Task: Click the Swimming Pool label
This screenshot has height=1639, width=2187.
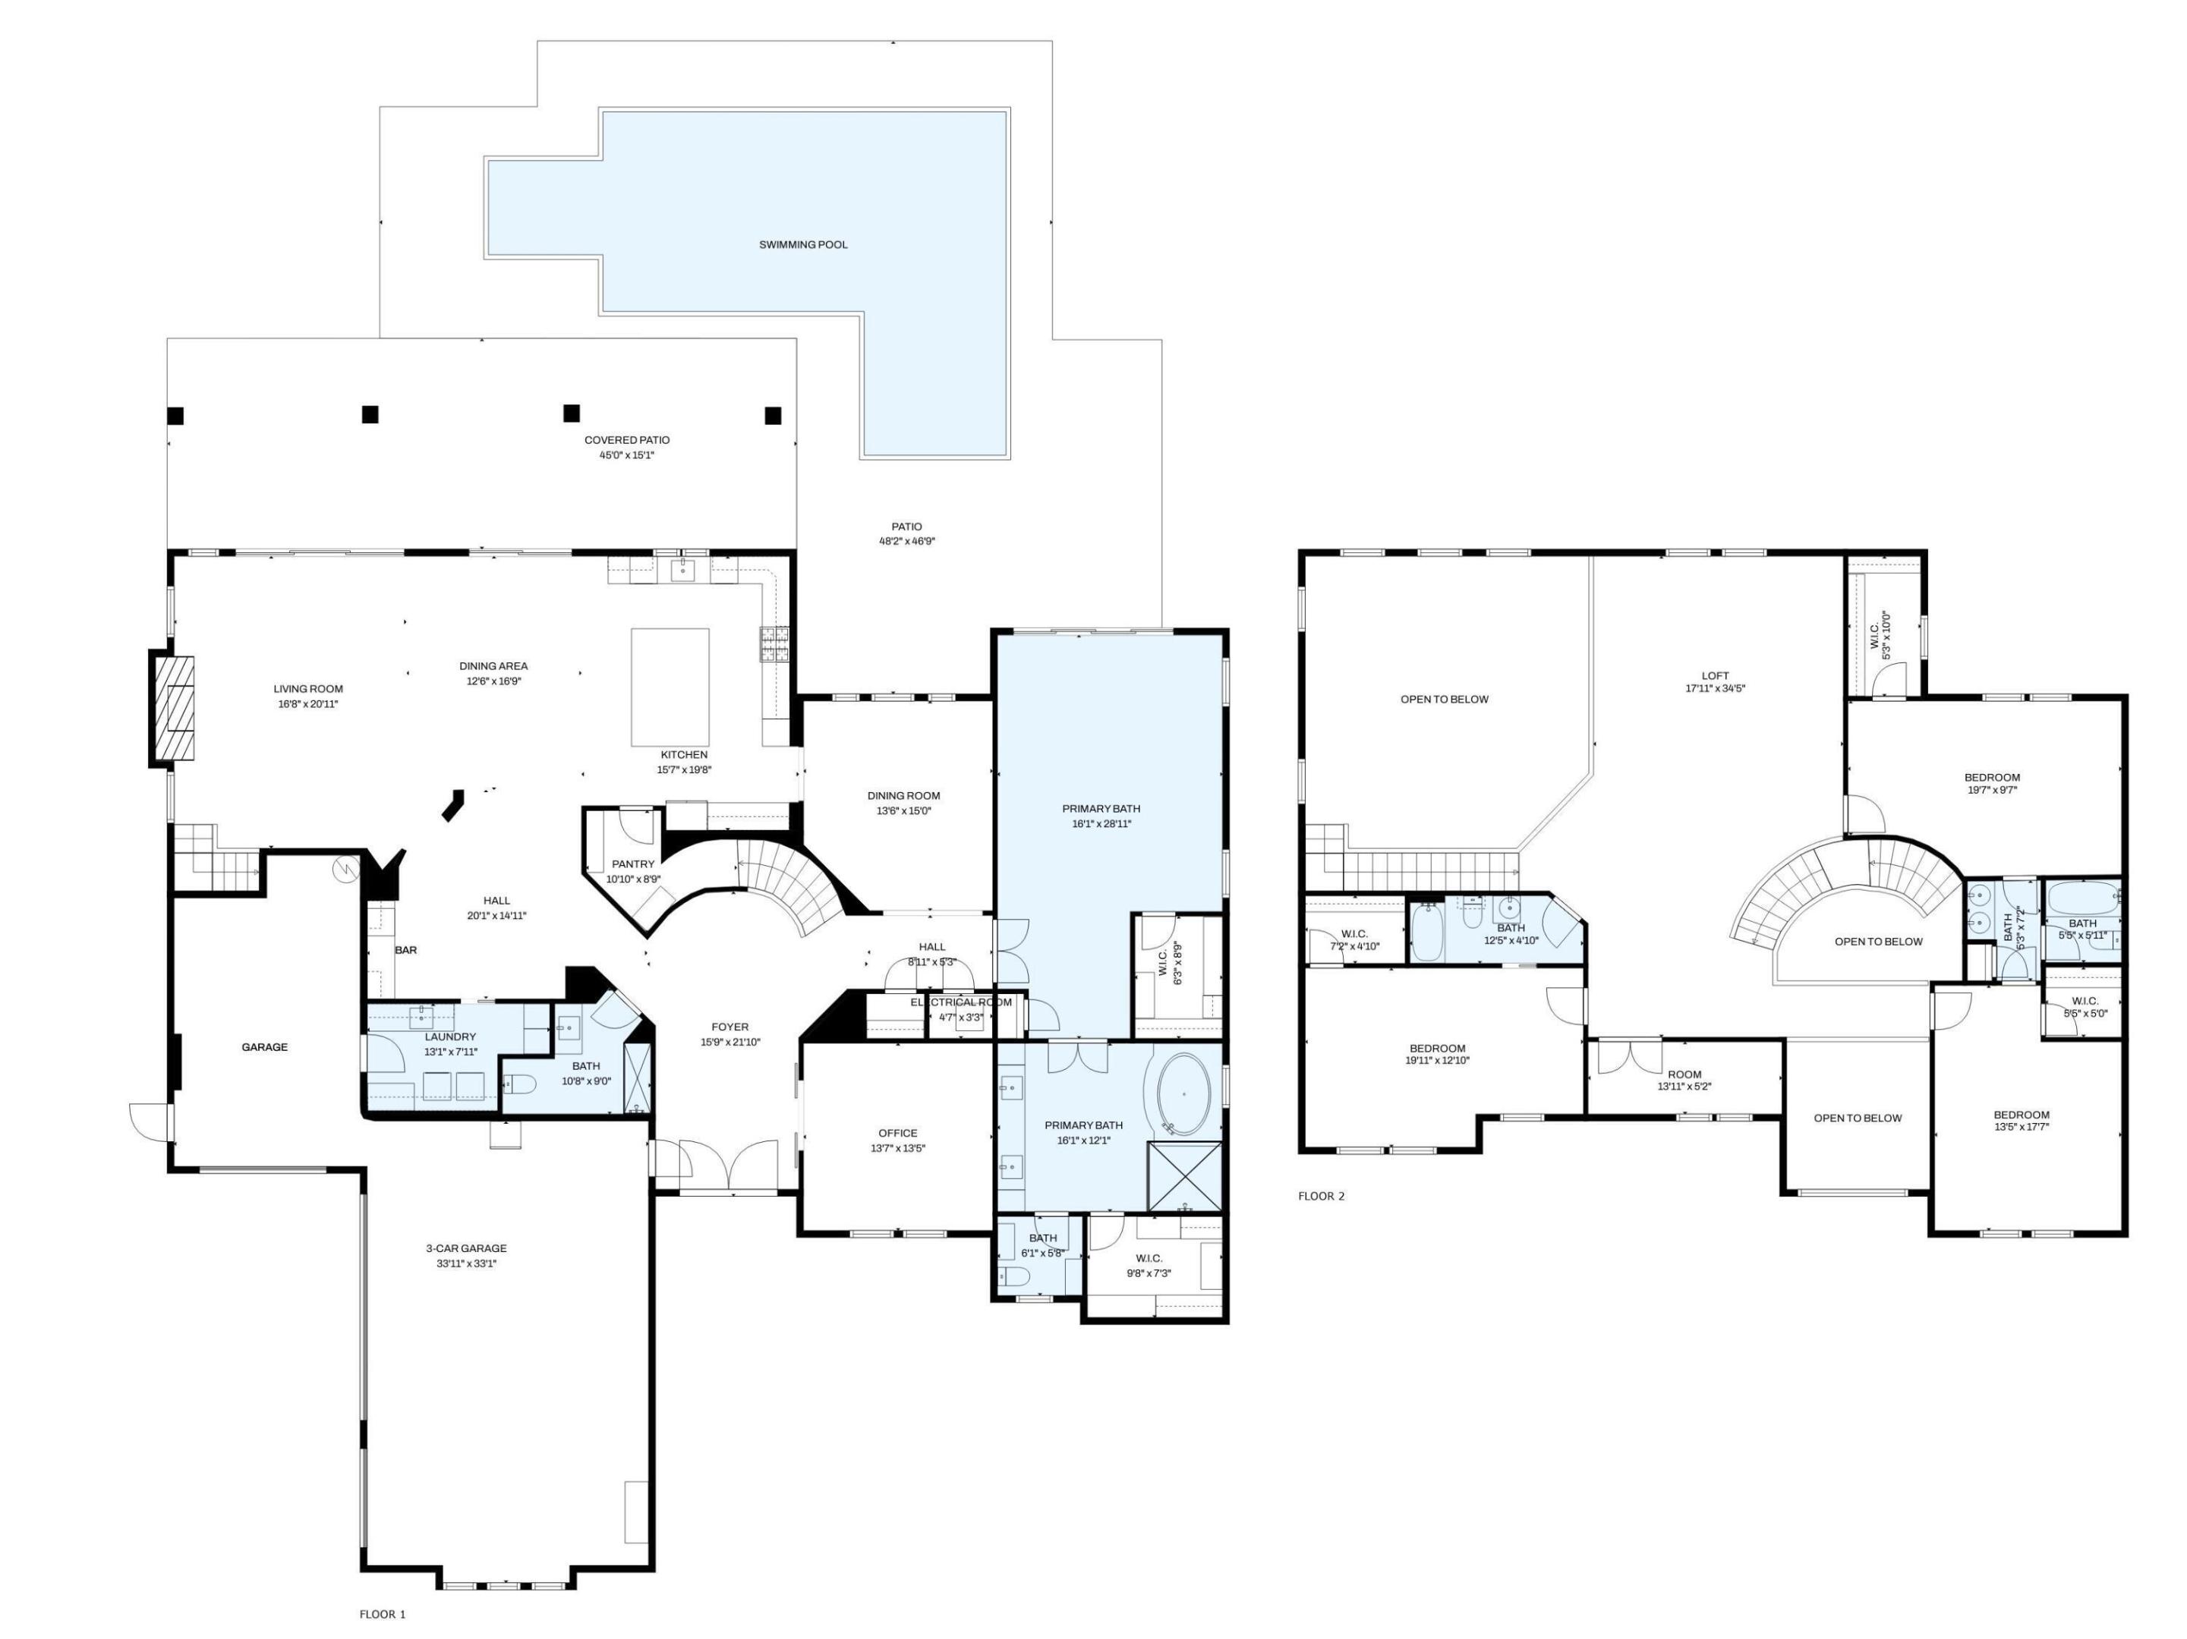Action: [x=803, y=244]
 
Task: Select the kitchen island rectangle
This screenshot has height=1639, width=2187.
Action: [x=670, y=687]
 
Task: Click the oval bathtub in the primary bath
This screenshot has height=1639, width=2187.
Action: [x=1183, y=1094]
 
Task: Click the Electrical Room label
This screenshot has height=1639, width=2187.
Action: [x=961, y=1002]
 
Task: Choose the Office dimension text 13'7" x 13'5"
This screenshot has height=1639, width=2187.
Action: [x=898, y=1149]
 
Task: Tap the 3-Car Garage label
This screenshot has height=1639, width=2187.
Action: [x=465, y=1248]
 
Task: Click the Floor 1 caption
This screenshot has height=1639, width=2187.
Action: [x=382, y=1614]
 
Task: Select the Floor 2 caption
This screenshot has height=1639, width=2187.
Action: [x=1321, y=1196]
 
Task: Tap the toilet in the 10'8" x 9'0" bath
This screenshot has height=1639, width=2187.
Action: [x=521, y=1085]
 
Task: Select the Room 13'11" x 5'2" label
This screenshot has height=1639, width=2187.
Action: [x=1684, y=1074]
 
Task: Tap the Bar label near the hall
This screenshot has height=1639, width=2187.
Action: [x=405, y=950]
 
